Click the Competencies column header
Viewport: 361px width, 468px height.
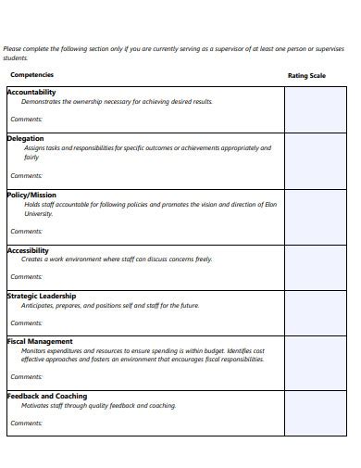pyautogui.click(x=31, y=75)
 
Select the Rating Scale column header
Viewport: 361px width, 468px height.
pyautogui.click(x=306, y=75)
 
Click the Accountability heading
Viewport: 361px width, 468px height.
pyautogui.click(x=31, y=93)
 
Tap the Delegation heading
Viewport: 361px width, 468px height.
pyautogui.click(x=25, y=139)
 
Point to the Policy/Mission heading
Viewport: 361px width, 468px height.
pyautogui.click(x=31, y=196)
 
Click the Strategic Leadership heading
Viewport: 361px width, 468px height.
pyautogui.click(x=42, y=297)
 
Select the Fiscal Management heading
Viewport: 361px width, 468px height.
pyautogui.click(x=40, y=342)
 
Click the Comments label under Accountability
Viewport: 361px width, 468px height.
pyautogui.click(x=27, y=120)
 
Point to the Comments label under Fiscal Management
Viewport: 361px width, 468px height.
pyautogui.click(x=27, y=377)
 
